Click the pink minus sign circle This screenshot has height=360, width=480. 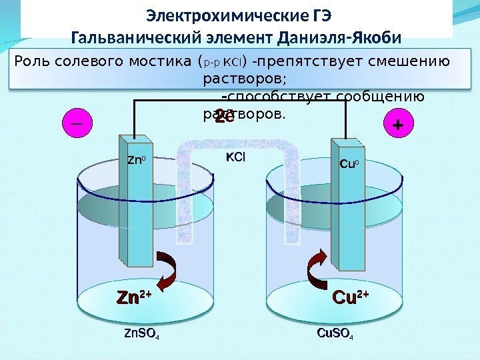(x=74, y=123)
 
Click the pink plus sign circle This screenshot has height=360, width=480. (x=399, y=124)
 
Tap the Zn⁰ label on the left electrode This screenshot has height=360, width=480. (x=136, y=159)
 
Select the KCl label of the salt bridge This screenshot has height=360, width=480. (x=235, y=158)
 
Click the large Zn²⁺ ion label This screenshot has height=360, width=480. (x=134, y=297)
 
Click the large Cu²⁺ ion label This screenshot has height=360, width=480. (x=350, y=297)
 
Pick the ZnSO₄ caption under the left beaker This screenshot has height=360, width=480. (x=142, y=333)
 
